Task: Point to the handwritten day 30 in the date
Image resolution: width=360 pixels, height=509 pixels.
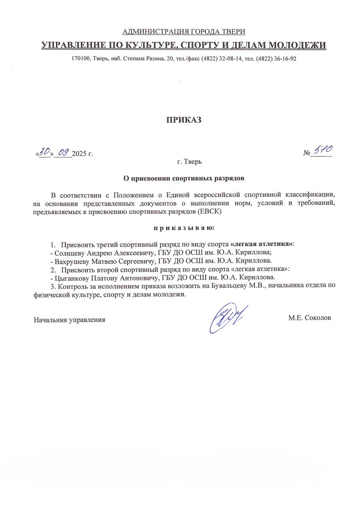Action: click(45, 151)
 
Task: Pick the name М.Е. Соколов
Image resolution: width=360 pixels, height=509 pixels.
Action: click(309, 318)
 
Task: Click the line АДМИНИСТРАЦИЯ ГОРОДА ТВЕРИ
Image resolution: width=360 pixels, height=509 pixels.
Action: click(184, 32)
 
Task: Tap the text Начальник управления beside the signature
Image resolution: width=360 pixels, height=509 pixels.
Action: click(70, 319)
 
